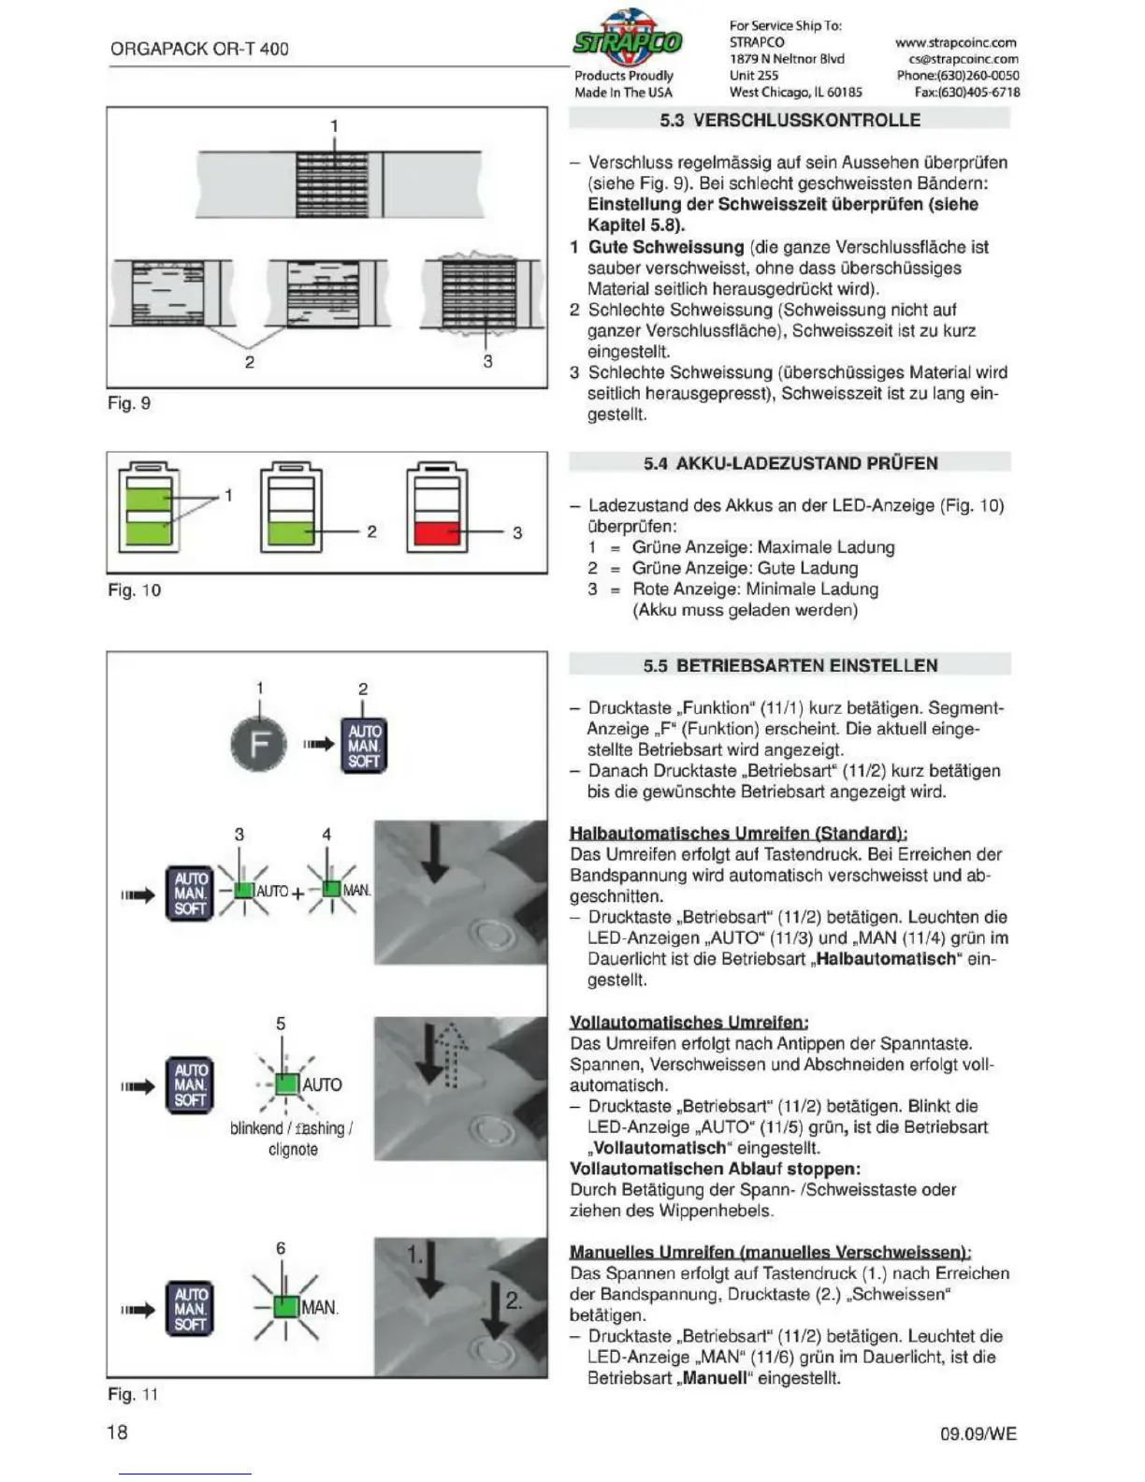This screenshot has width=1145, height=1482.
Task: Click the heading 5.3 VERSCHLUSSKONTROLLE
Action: [790, 120]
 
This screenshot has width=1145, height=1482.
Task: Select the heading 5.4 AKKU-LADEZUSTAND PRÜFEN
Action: [790, 463]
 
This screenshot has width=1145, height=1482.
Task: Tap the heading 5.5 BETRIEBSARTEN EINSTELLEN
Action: [790, 666]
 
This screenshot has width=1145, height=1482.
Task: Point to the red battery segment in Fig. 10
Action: [436, 533]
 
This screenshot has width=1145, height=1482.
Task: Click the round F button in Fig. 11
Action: [258, 745]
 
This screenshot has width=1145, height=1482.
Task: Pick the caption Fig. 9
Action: [129, 403]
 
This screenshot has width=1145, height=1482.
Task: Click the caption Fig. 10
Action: [134, 590]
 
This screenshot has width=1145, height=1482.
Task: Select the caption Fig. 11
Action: [133, 1394]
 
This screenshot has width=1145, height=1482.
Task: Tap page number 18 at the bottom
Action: [117, 1431]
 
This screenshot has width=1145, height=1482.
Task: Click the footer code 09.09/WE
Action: [978, 1433]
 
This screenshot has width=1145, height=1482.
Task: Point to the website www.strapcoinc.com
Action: [955, 42]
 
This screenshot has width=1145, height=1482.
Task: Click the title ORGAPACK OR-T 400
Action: [199, 49]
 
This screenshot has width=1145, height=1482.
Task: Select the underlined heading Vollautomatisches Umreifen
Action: [688, 1022]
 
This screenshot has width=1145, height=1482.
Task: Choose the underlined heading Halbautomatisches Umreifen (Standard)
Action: [738, 833]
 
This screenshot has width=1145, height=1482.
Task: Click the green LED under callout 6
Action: [286, 1307]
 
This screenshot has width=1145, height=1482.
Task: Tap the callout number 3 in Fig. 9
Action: [487, 361]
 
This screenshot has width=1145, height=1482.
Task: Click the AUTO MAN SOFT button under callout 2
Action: [363, 746]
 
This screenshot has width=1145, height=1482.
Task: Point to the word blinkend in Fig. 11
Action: [255, 1128]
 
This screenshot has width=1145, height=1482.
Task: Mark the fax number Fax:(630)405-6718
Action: [966, 92]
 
